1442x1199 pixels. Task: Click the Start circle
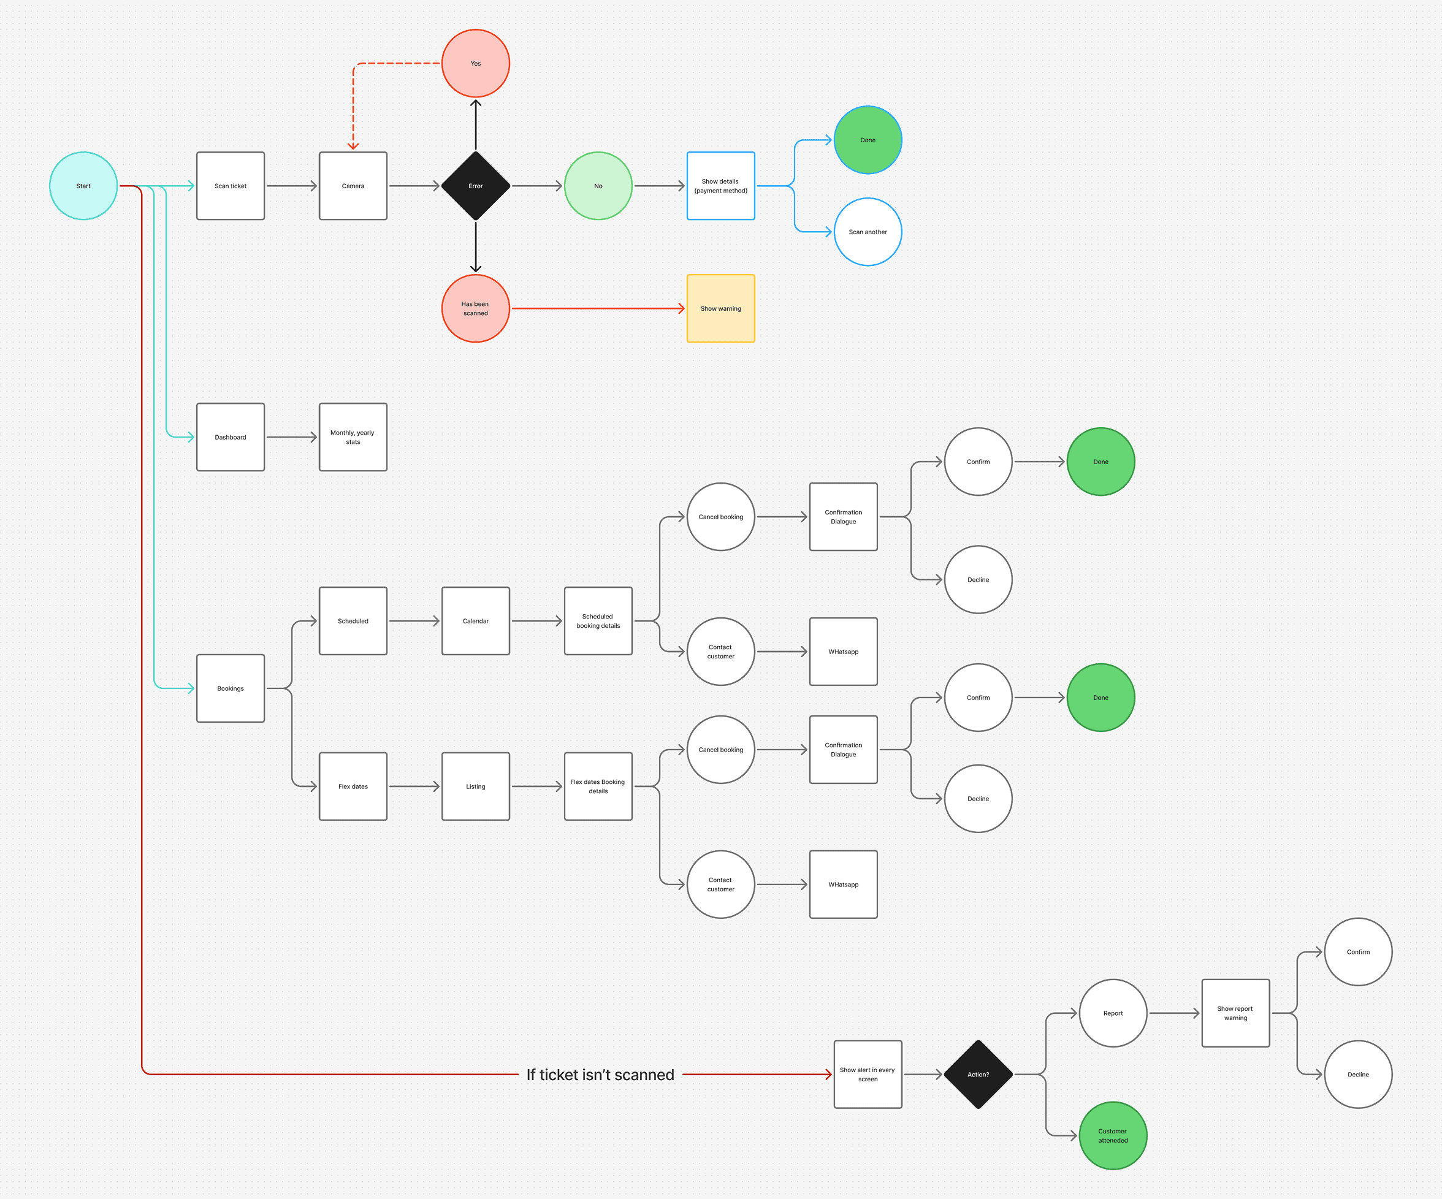(83, 186)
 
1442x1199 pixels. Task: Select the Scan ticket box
(230, 186)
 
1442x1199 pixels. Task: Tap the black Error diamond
(475, 186)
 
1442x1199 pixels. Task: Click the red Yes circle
(475, 63)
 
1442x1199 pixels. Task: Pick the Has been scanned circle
(475, 308)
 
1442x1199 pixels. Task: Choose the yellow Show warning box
(720, 308)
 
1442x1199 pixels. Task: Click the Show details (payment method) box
(720, 186)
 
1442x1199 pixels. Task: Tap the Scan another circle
(868, 232)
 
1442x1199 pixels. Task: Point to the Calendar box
(475, 621)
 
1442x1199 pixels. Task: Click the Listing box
(475, 786)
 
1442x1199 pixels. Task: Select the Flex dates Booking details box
(597, 786)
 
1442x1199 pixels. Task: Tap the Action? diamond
(978, 1074)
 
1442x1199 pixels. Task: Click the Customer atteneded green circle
(1112, 1135)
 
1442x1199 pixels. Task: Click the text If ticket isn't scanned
(600, 1075)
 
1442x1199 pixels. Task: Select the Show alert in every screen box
(868, 1074)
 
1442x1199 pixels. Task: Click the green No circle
(597, 186)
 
